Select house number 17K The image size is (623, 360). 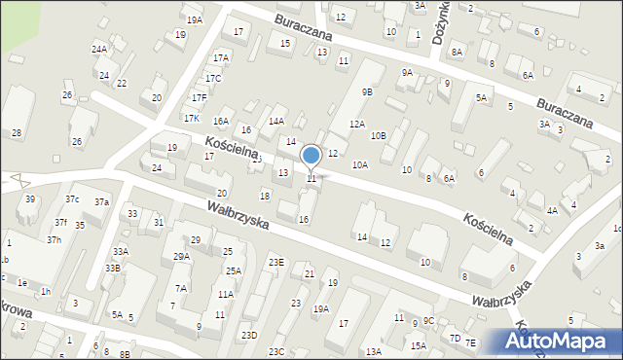click(x=192, y=119)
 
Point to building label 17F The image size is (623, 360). click(x=199, y=98)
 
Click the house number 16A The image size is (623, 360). click(x=221, y=122)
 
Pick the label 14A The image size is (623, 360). click(x=276, y=122)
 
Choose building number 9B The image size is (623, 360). click(x=367, y=92)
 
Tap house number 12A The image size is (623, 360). click(x=357, y=125)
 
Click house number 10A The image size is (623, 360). click(x=360, y=165)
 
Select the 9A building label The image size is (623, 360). click(x=407, y=73)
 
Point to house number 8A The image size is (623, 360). click(x=457, y=52)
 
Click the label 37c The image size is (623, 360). click(x=72, y=199)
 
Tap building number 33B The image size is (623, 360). click(x=113, y=268)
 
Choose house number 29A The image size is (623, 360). click(x=181, y=257)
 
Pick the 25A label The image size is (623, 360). click(x=234, y=271)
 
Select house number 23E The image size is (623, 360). click(x=276, y=263)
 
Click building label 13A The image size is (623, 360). click(x=373, y=352)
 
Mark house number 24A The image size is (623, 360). click(x=98, y=49)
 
